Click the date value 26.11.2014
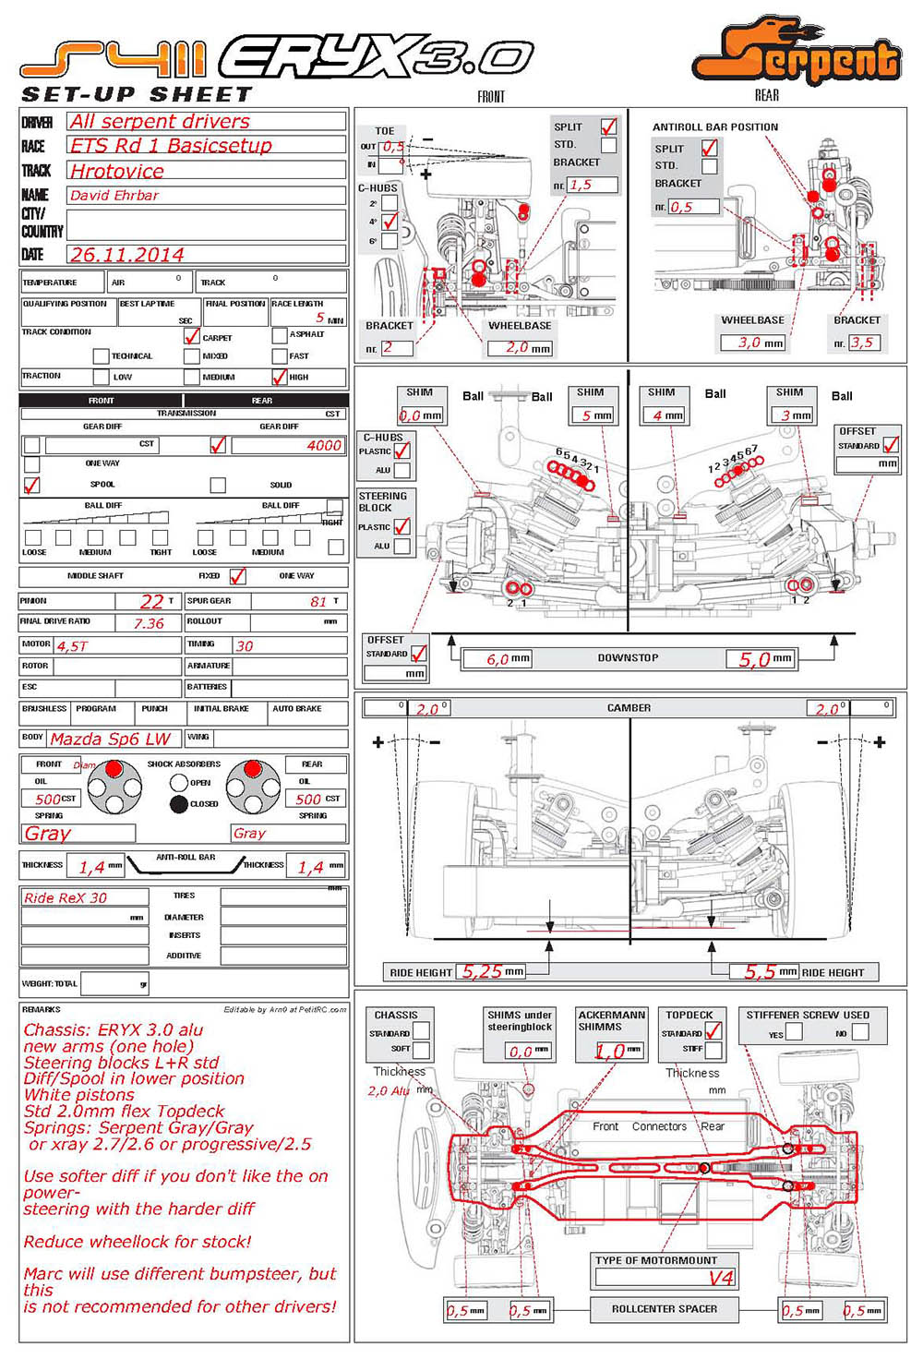(x=127, y=255)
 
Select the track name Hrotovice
(x=117, y=172)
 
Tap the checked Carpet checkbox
(x=192, y=336)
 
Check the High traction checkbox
(x=280, y=377)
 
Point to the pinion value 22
(x=151, y=601)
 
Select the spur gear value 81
(x=318, y=602)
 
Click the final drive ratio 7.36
(x=149, y=623)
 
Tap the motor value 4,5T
(x=72, y=646)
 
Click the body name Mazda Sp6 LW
(x=110, y=739)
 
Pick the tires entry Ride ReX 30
(x=66, y=897)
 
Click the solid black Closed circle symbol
(x=179, y=804)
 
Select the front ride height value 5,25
(x=482, y=971)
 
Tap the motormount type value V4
(x=721, y=1278)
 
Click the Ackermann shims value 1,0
(x=609, y=1051)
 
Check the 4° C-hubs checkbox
(x=390, y=222)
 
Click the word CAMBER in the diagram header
(x=629, y=708)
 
